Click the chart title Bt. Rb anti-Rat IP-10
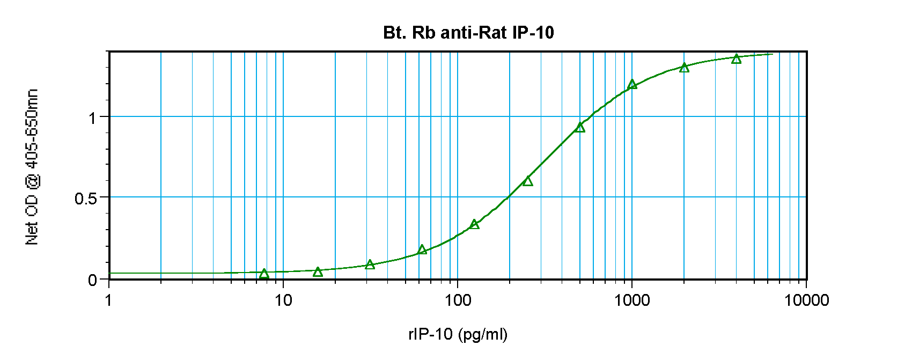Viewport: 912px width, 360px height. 468,33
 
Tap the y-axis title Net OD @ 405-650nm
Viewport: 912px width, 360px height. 32,167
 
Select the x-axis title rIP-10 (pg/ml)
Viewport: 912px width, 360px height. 458,334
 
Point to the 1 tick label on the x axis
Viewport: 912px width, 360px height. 109,300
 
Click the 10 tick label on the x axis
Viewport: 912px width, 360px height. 283,300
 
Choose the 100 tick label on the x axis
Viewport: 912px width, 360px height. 458,300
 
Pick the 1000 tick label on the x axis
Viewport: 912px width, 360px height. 632,300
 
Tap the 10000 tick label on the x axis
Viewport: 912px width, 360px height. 806,300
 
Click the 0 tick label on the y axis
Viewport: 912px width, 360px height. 93,280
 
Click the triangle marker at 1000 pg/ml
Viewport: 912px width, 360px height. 632,84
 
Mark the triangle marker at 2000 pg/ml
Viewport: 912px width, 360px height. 684,68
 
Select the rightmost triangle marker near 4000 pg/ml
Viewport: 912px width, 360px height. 737,58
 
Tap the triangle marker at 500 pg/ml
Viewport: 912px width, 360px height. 580,127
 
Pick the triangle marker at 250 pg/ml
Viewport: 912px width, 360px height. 528,181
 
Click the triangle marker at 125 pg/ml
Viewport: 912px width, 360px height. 474,224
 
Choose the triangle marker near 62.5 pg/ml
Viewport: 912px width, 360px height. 422,249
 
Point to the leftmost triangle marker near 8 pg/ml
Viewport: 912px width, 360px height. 264,274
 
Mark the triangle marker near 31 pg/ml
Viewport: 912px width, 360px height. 370,265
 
